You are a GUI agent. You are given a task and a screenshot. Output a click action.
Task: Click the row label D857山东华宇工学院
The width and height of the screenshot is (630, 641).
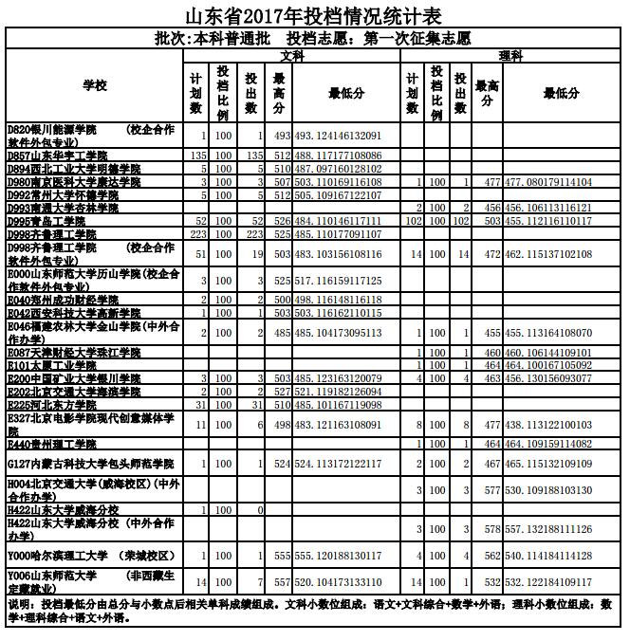[x=57, y=155]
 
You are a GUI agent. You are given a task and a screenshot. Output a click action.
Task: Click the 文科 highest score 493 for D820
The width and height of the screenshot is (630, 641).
[x=282, y=137]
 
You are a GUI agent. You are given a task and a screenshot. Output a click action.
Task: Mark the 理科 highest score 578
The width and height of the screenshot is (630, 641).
[x=492, y=528]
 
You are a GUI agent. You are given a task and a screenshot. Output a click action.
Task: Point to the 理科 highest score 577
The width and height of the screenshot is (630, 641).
[x=492, y=490]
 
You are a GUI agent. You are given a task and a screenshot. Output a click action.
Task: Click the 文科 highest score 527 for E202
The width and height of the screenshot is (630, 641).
[x=282, y=391]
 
